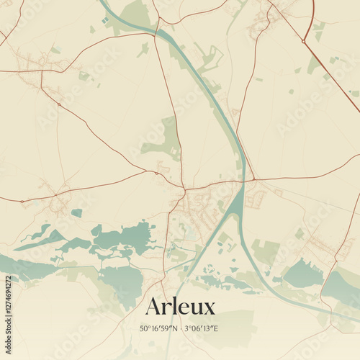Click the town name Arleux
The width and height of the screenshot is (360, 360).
pos(180,307)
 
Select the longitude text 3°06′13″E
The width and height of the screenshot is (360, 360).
pos(202,328)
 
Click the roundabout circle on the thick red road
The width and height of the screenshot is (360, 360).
pos(304,41)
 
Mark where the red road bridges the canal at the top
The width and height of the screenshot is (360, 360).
pos(157,31)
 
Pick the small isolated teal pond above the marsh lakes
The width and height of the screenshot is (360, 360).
pos(76,212)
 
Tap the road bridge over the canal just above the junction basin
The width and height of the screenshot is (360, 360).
pos(245,180)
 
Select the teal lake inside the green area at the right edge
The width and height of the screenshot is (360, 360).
pos(302,274)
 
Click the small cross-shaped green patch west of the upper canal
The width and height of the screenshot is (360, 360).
pos(143,50)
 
